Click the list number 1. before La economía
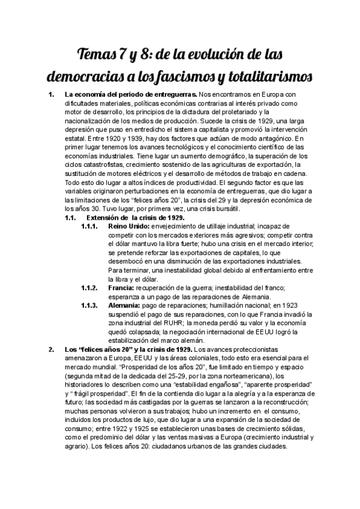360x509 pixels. tap(51, 95)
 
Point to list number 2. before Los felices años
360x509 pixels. tap(52, 349)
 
